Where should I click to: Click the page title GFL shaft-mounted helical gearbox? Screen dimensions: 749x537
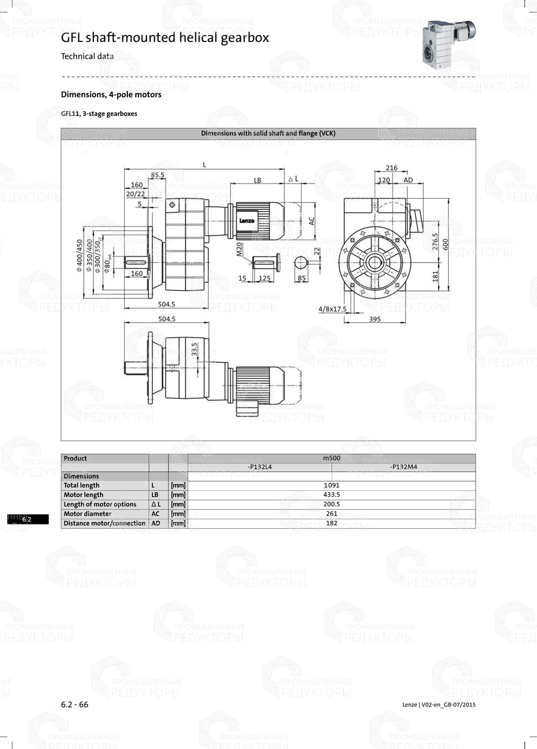pos(165,38)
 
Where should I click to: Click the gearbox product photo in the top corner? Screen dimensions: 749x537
pos(448,43)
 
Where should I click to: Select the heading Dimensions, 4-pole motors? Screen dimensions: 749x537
pos(111,94)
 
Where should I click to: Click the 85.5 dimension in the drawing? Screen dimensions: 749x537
pos(157,175)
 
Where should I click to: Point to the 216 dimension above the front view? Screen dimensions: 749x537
pos(391,168)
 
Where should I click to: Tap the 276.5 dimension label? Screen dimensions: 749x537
pos(435,242)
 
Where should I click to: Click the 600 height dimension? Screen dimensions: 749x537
pos(446,244)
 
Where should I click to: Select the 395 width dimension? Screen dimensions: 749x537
pos(375,319)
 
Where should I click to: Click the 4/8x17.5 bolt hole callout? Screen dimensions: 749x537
pos(332,309)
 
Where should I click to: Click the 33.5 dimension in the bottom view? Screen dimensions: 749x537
pos(194,349)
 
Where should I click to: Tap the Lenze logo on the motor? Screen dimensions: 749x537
pos(247,221)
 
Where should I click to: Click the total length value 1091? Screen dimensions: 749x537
pos(332,485)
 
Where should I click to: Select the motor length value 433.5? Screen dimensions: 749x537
pos(332,495)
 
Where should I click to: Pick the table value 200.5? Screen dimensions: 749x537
pos(332,504)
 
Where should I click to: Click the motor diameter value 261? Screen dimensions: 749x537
pos(332,514)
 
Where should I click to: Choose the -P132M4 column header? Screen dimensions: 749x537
pos(403,467)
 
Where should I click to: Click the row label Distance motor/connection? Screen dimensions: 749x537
pos(105,523)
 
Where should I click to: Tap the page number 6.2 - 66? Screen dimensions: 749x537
pos(75,704)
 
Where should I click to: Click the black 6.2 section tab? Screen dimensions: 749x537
pos(27,519)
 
